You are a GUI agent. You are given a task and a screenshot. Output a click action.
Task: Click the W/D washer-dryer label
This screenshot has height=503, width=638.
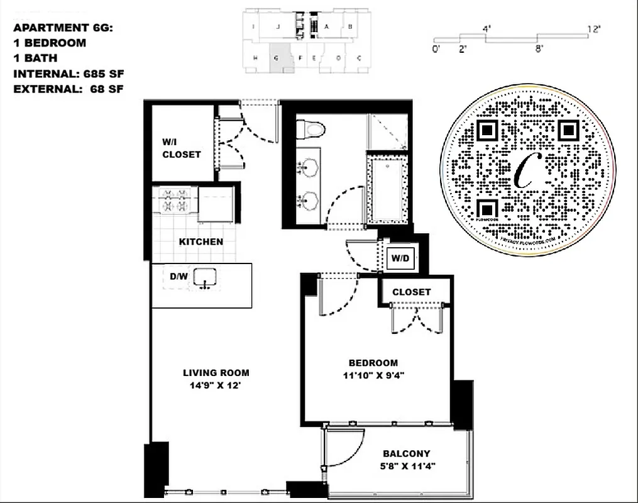pos(400,258)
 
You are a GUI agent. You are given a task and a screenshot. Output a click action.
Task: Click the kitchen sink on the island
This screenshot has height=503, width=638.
pos(205,277)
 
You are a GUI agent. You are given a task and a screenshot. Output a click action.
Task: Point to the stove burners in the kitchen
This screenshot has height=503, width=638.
pos(175,199)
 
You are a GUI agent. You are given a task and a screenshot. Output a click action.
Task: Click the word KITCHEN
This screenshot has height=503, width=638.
pos(201,241)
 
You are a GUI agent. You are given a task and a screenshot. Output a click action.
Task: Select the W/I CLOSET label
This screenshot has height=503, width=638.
pos(181,148)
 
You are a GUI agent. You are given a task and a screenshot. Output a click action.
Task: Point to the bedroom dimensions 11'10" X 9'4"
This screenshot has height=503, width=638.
pos(373,377)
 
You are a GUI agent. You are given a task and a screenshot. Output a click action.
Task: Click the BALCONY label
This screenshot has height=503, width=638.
pos(406,453)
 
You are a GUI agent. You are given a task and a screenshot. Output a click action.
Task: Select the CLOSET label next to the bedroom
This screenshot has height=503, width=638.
pos(411,292)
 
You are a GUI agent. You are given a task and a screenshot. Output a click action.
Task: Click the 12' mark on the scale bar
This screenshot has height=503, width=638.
pos(594,29)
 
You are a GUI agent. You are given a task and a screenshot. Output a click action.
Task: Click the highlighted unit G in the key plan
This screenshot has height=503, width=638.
pos(277,58)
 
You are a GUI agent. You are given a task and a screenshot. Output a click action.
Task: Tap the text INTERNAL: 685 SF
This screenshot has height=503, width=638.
pos(68,74)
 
